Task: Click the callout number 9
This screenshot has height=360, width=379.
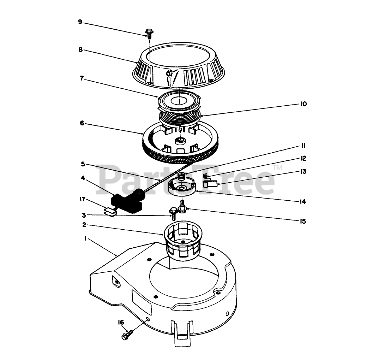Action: point(80,22)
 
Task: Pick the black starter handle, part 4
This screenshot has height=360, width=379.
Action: point(127,201)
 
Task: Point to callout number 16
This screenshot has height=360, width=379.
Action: point(121,322)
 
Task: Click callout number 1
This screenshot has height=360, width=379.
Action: point(85,239)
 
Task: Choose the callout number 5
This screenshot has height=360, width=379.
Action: point(83,164)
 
